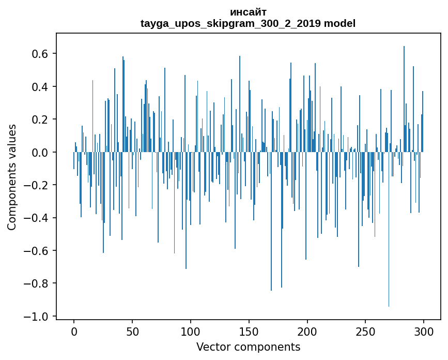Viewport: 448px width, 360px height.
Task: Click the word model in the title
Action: tap(339, 23)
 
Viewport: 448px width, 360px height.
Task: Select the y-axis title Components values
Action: tap(12, 177)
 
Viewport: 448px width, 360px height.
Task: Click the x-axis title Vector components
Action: tap(248, 347)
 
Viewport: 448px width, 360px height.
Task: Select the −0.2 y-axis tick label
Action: tap(36, 185)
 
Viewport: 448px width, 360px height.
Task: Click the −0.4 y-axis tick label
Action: tap(36, 218)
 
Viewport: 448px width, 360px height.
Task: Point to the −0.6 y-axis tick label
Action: tap(36, 250)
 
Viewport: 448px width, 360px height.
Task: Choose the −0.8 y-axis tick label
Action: tap(36, 283)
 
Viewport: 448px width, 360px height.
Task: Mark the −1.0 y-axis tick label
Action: tap(36, 316)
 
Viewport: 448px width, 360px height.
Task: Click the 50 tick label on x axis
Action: tap(132, 332)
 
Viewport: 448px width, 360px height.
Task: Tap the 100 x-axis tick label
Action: tap(191, 332)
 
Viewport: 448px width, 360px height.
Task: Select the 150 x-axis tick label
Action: tap(249, 332)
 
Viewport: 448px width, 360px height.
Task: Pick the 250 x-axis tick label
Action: tap(365, 332)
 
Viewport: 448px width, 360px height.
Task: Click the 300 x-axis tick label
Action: tap(424, 332)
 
